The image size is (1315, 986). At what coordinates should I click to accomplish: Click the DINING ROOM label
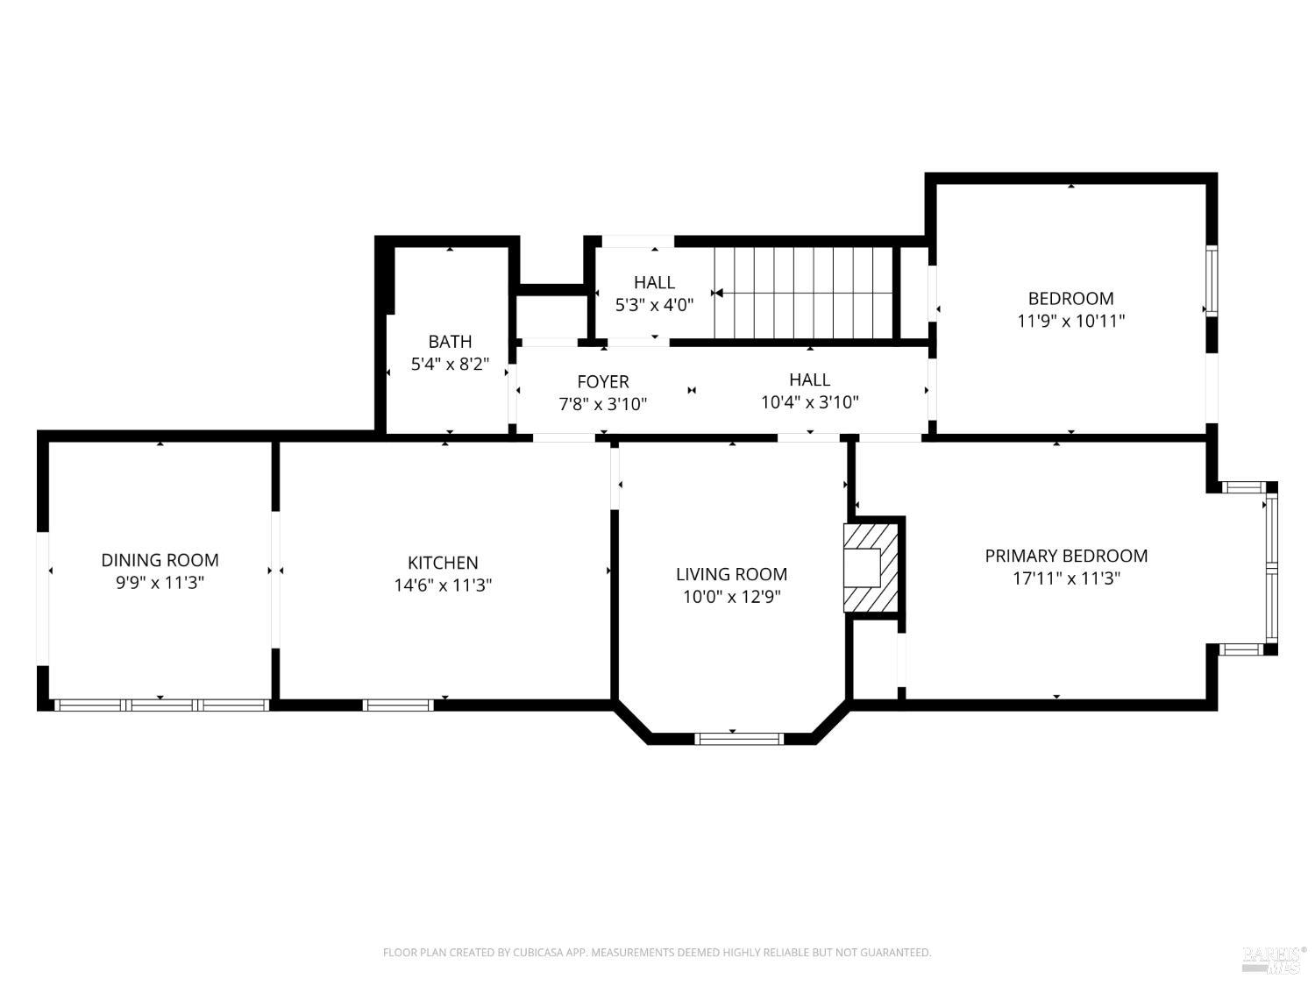[x=160, y=560]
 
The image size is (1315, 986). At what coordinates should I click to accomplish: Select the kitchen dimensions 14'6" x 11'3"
[x=443, y=585]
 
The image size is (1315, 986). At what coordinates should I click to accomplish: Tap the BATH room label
[x=450, y=342]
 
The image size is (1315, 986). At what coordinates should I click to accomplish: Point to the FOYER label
[x=602, y=381]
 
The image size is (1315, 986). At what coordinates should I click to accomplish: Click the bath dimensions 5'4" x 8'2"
[x=450, y=364]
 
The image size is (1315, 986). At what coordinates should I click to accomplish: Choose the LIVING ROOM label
[x=731, y=574]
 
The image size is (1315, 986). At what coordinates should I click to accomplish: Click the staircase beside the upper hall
[x=802, y=292]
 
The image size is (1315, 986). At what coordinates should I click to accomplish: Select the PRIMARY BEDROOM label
[x=1066, y=556]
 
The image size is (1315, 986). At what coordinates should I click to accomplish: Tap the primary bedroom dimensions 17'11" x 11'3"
[x=1066, y=578]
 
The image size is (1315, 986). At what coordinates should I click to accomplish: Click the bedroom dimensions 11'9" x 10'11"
[x=1070, y=321]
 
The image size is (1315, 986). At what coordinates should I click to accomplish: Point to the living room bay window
[x=738, y=739]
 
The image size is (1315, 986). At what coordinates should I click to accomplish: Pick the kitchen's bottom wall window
[x=398, y=705]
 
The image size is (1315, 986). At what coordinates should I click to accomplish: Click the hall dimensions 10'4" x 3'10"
[x=809, y=402]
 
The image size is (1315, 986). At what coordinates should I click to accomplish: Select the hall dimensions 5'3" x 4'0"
[x=654, y=305]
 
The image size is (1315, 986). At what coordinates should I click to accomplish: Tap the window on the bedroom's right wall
[x=1212, y=280]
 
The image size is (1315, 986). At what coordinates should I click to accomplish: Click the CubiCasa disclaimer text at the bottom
[x=657, y=952]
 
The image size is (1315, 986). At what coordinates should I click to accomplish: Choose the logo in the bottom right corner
[x=1273, y=959]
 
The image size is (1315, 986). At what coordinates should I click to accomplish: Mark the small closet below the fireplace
[x=874, y=658]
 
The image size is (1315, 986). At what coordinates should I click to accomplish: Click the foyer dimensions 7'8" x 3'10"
[x=602, y=404]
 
